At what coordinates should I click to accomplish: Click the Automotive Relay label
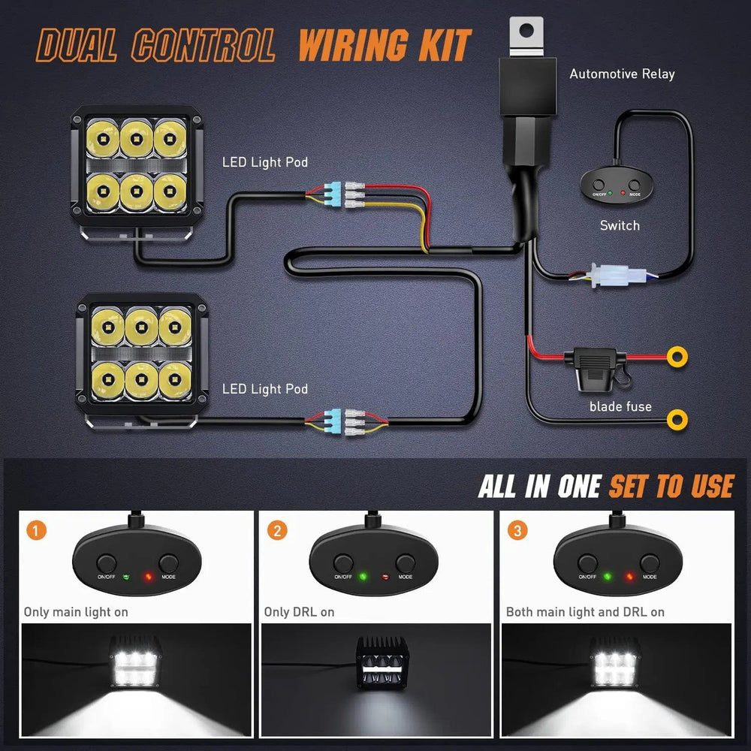click(x=622, y=74)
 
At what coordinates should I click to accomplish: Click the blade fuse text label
click(x=620, y=406)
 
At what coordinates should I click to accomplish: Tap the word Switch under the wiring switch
click(x=620, y=225)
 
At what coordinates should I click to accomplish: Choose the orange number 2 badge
click(x=278, y=531)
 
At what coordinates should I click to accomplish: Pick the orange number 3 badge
click(x=517, y=531)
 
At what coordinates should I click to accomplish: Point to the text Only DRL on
click(x=299, y=612)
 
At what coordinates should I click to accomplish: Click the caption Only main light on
click(x=76, y=612)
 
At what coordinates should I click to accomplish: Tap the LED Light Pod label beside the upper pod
click(x=265, y=162)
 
